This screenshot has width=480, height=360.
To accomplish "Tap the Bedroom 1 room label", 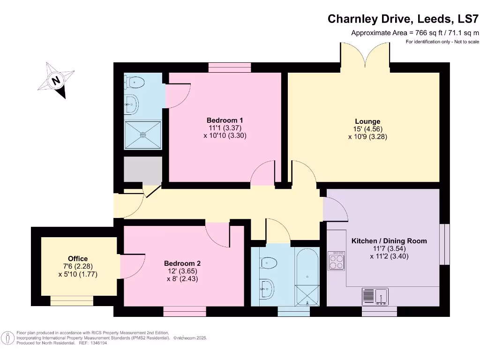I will pyautogui.click(x=225, y=120).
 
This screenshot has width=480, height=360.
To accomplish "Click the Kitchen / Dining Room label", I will pyautogui.click(x=389, y=241).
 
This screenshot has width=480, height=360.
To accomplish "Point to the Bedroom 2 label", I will pyautogui.click(x=183, y=263).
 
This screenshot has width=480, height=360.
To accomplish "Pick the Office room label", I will pyautogui.click(x=78, y=259).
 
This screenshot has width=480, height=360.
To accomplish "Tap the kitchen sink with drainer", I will pyautogui.click(x=375, y=296).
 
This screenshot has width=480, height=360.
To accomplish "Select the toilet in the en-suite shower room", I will pyautogui.click(x=135, y=83).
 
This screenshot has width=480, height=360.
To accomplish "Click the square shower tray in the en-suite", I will pyautogui.click(x=143, y=135).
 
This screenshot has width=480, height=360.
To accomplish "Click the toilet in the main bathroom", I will pyautogui.click(x=269, y=262).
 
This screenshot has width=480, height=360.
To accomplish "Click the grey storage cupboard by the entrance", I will pyautogui.click(x=142, y=171).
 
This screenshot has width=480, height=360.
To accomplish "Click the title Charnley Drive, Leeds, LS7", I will pyautogui.click(x=403, y=19).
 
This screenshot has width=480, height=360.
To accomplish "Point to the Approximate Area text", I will pyautogui.click(x=415, y=33).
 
